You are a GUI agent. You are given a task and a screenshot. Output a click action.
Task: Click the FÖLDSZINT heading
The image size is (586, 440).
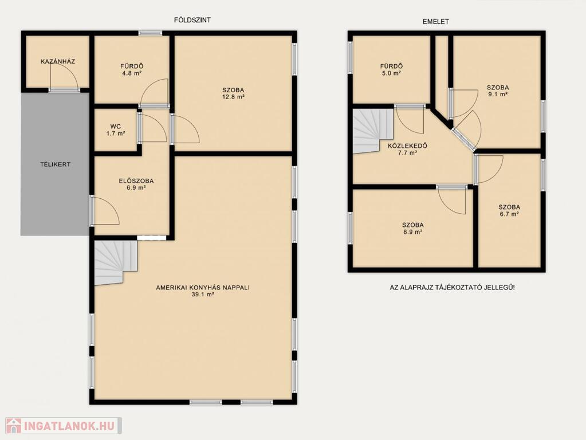pyautogui.click(x=192, y=20)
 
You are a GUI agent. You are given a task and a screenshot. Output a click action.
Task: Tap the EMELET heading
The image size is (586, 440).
pyautogui.click(x=436, y=22)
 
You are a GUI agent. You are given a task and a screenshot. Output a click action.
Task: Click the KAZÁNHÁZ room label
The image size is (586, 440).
pyautogui.click(x=58, y=61)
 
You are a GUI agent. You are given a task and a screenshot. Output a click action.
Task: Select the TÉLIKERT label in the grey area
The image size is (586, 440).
pyautogui.click(x=56, y=164)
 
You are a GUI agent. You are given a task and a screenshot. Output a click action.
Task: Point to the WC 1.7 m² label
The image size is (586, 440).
pyautogui.click(x=116, y=129)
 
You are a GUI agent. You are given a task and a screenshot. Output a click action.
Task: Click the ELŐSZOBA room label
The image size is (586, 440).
pyautogui.click(x=136, y=181)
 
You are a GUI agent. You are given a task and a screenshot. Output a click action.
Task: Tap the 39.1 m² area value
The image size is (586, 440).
pyautogui.click(x=203, y=294)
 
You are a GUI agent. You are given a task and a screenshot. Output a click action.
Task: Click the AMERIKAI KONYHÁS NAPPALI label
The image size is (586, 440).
pyautogui.click(x=203, y=288)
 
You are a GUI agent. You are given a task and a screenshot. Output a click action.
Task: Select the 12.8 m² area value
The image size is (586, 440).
pyautogui.click(x=233, y=97)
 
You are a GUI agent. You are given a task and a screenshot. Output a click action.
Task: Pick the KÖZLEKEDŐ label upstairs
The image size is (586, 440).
pyautogui.click(x=407, y=146)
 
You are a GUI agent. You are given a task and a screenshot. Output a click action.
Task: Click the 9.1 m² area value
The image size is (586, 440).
pyautogui.click(x=498, y=95)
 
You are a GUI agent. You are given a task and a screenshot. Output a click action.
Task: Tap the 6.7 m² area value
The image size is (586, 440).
pyautogui.click(x=509, y=214)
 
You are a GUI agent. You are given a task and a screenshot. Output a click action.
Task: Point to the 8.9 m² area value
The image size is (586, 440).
pyautogui.click(x=413, y=232)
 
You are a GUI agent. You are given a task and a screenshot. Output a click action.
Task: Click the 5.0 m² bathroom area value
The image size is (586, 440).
pyautogui.click(x=392, y=73)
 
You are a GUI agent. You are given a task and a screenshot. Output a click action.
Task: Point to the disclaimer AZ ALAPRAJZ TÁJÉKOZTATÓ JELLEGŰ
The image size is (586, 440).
pyautogui.click(x=452, y=288)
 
